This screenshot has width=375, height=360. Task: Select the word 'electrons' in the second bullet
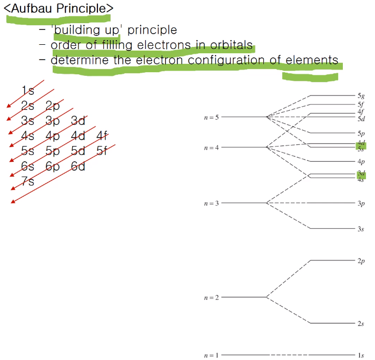coord(161,45)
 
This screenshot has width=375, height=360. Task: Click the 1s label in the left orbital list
coord(28,90)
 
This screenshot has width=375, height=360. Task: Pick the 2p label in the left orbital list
coord(53,105)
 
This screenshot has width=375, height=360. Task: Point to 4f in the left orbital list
coord(102,137)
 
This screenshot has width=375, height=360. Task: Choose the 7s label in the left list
coord(28,182)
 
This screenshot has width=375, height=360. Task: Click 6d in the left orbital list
coord(78,167)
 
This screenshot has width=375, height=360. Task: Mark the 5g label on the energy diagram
coord(361,96)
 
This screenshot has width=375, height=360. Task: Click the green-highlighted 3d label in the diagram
coord(361,173)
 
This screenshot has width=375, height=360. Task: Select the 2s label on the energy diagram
coord(361,324)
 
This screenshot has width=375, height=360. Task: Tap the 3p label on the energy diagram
coord(361,203)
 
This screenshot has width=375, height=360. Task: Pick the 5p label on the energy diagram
coord(361,133)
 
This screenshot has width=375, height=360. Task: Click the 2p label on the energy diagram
coord(361,260)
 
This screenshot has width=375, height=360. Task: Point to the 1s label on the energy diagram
coord(361,356)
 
